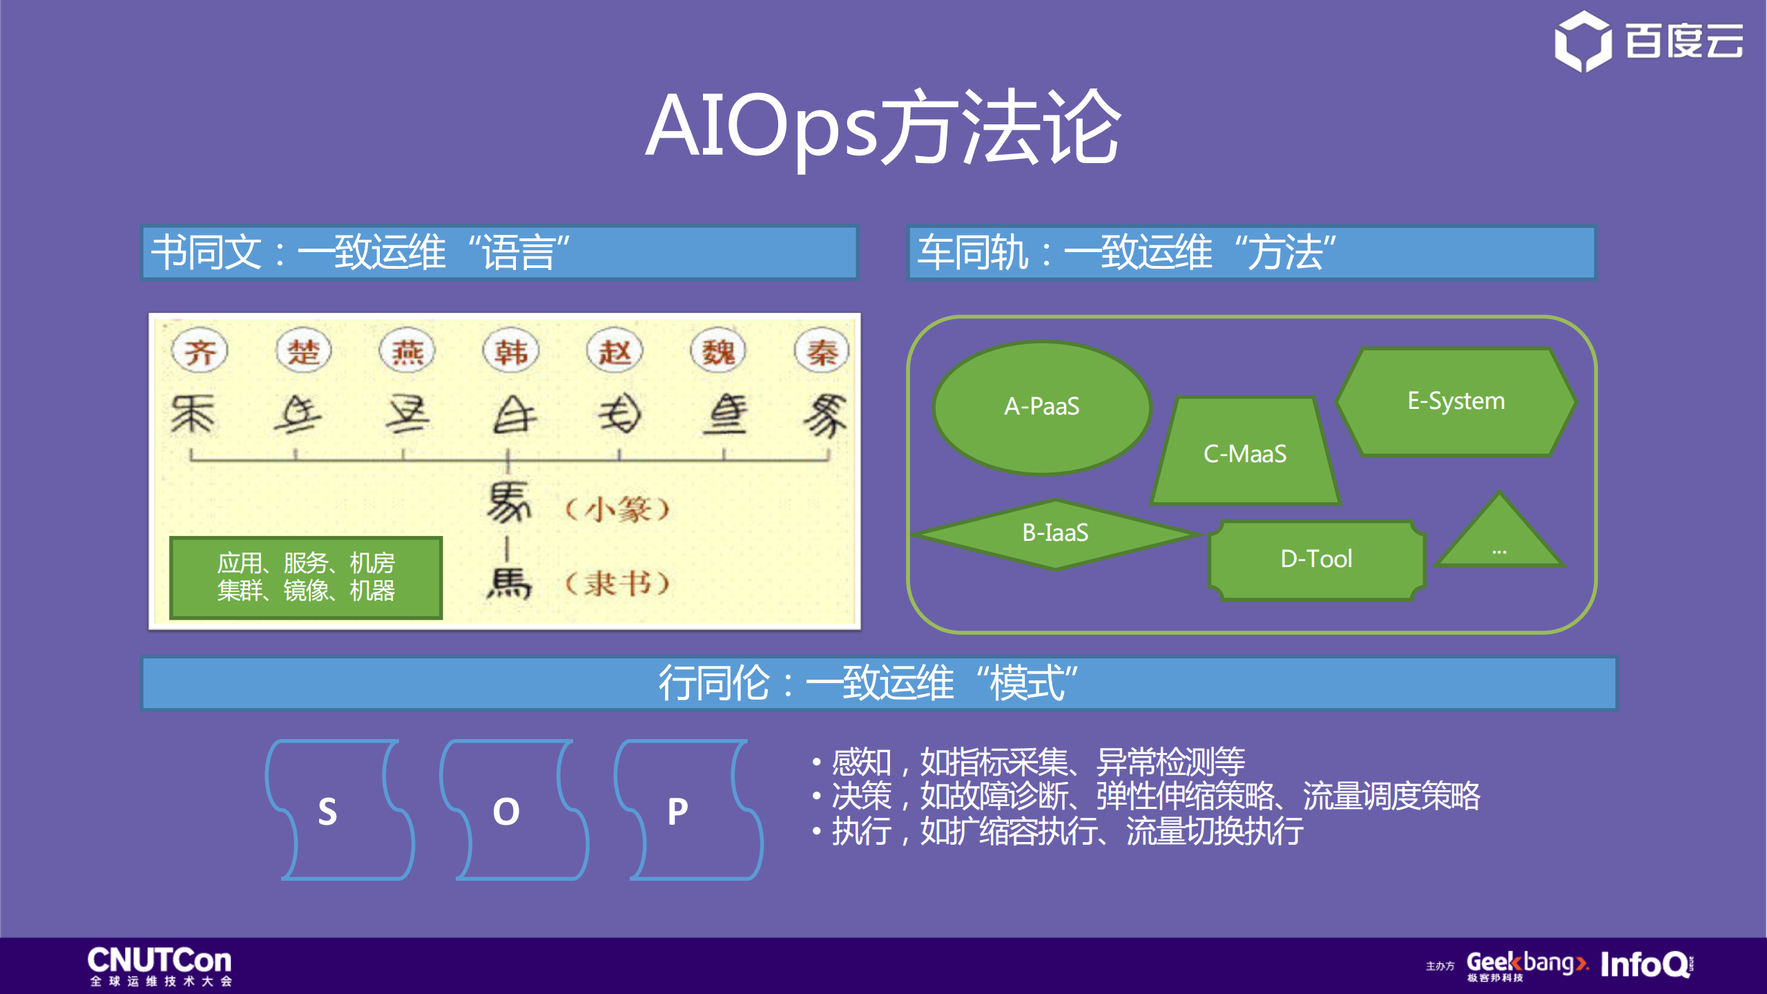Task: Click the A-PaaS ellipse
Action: coord(1041,407)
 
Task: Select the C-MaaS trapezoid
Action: coord(1245,452)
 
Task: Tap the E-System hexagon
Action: coord(1456,401)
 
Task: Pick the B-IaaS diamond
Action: coord(1055,533)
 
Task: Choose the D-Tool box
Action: coord(1316,560)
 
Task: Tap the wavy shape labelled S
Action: coord(338,810)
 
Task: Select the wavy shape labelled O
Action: coord(513,810)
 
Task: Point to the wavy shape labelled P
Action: coord(687,810)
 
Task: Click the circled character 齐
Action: coord(200,352)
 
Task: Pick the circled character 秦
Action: coord(822,352)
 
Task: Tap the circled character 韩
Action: coord(511,352)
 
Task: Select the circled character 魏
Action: coord(718,352)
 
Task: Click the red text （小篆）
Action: coord(617,510)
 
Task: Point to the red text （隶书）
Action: coord(617,584)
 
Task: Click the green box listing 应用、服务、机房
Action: coord(306,577)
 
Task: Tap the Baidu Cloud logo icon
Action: coord(1583,41)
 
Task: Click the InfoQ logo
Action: coord(1646,964)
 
